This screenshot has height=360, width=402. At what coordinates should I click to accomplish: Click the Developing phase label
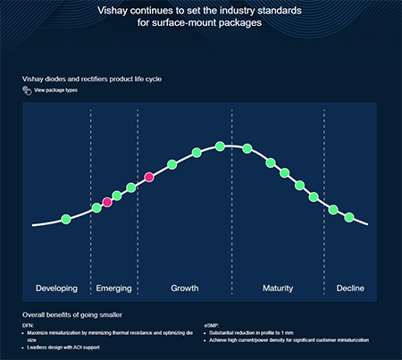coord(56,289)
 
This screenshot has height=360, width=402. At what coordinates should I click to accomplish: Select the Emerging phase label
coord(113,289)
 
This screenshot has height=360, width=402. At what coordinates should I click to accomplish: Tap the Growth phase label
coord(184,289)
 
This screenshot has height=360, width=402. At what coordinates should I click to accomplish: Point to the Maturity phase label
coord(278,289)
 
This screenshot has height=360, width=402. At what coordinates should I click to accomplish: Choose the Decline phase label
coord(350,289)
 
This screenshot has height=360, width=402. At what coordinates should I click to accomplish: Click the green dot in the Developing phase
coord(65,219)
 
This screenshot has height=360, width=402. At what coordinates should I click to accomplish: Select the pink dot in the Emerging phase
coord(107,203)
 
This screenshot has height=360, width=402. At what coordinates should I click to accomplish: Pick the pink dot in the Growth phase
coord(149,178)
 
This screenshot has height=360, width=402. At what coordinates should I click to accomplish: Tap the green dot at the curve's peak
coord(220,146)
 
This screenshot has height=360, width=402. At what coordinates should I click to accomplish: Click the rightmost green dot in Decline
coord(349,218)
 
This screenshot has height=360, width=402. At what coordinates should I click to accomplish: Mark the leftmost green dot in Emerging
coord(96,208)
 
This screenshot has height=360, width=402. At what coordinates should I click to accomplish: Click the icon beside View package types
coord(27,91)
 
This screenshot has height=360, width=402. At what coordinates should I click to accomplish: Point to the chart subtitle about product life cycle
coord(92,79)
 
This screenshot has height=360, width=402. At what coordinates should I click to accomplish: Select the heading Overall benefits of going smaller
coord(72,314)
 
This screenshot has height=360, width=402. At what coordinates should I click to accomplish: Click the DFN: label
coord(28,325)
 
